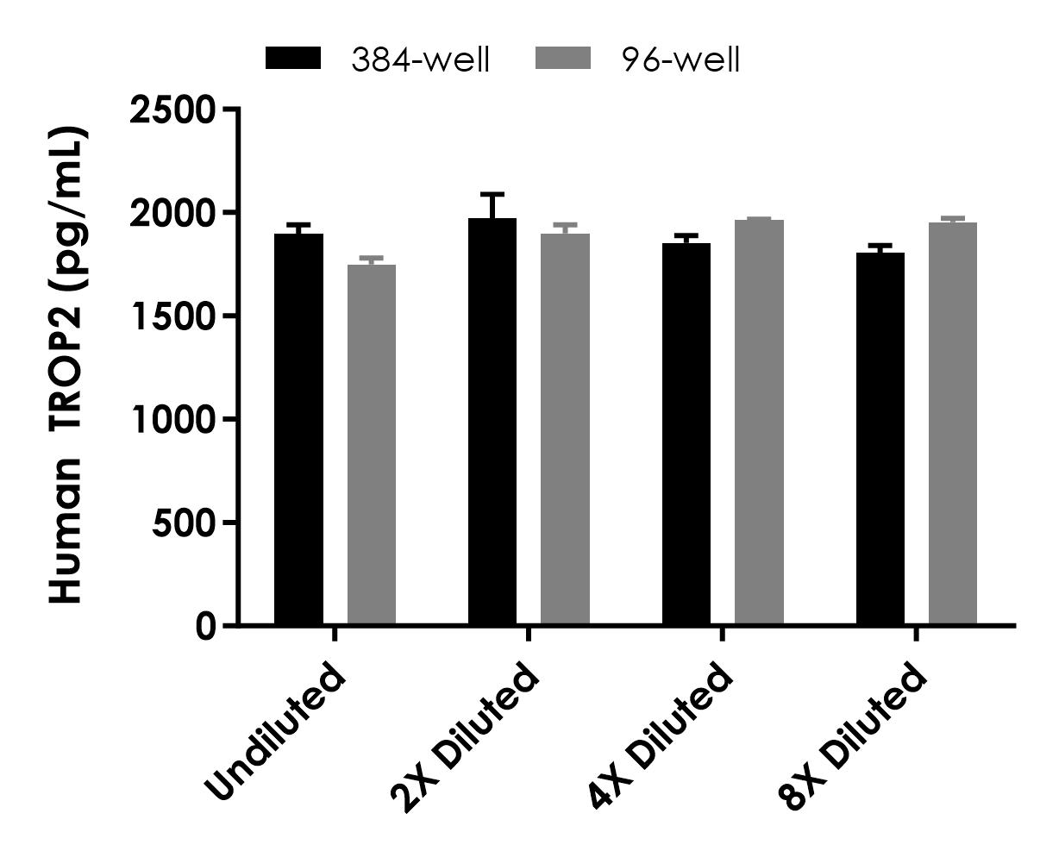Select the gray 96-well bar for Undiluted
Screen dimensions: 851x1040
(x=372, y=445)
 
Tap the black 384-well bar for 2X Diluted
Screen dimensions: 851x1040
(x=492, y=422)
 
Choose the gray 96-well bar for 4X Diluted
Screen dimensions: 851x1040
(x=759, y=422)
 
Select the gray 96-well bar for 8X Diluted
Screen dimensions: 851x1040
(x=953, y=423)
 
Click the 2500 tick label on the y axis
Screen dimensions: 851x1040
(x=172, y=110)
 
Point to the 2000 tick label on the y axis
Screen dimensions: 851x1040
(x=172, y=213)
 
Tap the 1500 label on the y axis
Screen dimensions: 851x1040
(x=172, y=316)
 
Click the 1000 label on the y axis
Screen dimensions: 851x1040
(x=172, y=419)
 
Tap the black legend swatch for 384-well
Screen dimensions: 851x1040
(x=293, y=59)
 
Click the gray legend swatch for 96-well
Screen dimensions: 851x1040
(x=564, y=59)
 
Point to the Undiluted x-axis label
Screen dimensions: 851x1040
(x=276, y=733)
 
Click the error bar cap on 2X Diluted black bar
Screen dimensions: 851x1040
(x=492, y=194)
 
